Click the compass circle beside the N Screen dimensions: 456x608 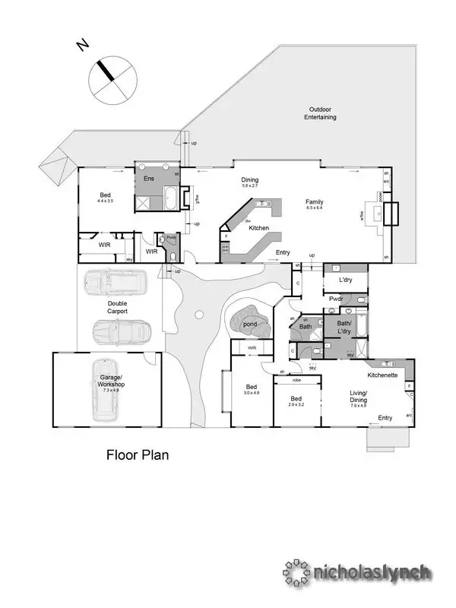112,80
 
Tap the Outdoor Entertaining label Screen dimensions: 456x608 321,112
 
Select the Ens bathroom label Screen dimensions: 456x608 149,177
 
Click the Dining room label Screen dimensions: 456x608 250,180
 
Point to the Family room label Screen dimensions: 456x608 315,201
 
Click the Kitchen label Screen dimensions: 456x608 258,228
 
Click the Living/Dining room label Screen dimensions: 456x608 358,397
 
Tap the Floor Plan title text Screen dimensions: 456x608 137,455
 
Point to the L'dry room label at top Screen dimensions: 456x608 346,280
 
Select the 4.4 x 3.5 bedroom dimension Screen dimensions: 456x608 105,201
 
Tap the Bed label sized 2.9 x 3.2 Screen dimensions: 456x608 296,400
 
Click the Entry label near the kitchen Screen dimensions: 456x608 283,252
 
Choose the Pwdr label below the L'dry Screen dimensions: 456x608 337,299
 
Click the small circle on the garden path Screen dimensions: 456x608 199,314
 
